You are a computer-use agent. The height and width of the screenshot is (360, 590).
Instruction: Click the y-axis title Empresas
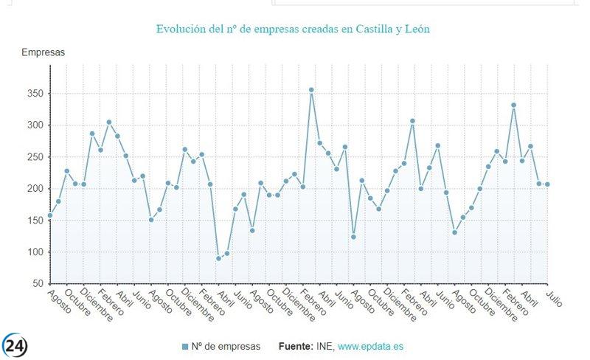[x=43, y=52]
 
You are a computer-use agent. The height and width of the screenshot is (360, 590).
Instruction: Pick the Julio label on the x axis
[x=554, y=298]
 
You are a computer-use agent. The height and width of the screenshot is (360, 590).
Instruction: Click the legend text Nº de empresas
[x=226, y=346]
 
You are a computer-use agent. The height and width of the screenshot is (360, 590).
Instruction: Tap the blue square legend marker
[x=185, y=347]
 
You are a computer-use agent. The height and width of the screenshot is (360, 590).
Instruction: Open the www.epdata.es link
[x=371, y=346]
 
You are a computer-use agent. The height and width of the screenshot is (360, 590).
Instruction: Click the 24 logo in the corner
[x=14, y=345]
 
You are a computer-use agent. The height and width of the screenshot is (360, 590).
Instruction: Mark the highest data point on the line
[x=311, y=90]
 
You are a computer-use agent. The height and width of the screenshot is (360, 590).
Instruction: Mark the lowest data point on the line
[x=218, y=258]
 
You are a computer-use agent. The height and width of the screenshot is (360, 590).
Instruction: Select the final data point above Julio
[x=548, y=184]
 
